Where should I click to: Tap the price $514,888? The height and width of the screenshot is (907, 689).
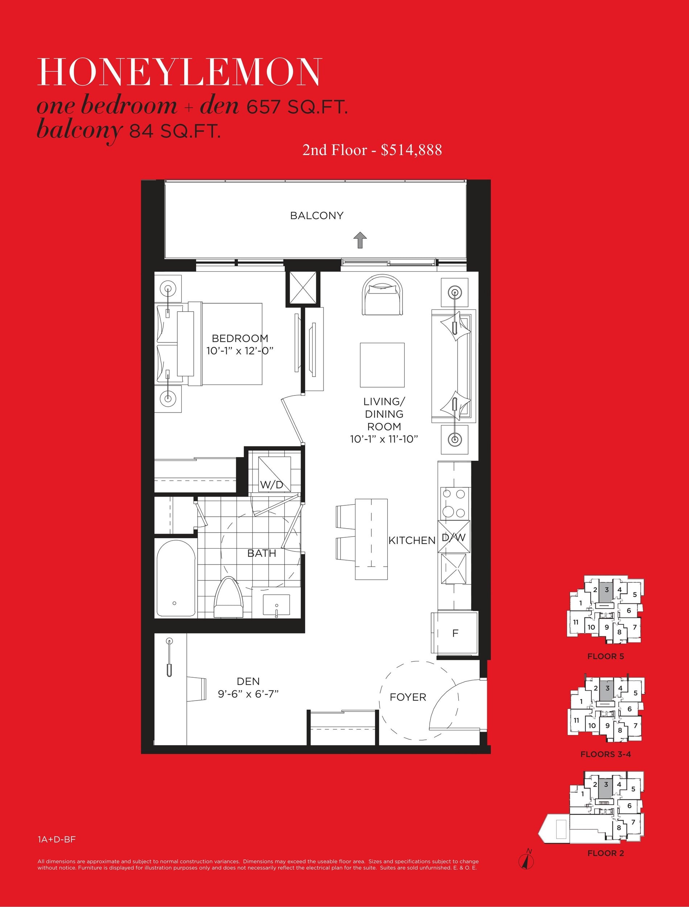pos(411,150)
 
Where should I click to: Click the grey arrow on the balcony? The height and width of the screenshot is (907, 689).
pos(360,240)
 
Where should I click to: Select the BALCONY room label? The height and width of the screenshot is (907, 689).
pos(317,216)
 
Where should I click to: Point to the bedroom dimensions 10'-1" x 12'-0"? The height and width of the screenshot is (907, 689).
pos(240,351)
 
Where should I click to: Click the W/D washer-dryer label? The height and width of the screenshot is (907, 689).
pos(272,485)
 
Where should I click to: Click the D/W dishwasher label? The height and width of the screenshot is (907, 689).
pos(454,537)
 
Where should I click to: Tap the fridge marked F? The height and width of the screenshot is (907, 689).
pos(454,633)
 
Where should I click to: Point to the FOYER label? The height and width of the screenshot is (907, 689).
pos(408,697)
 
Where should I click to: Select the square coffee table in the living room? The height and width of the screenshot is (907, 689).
pos(382,365)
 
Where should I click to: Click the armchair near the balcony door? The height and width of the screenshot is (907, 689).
pos(382,295)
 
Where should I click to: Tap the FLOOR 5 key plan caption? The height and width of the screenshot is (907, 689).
pos(605,656)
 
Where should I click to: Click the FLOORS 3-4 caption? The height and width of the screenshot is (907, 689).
pos(605,754)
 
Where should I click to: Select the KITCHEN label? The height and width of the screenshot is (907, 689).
pos(412,541)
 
